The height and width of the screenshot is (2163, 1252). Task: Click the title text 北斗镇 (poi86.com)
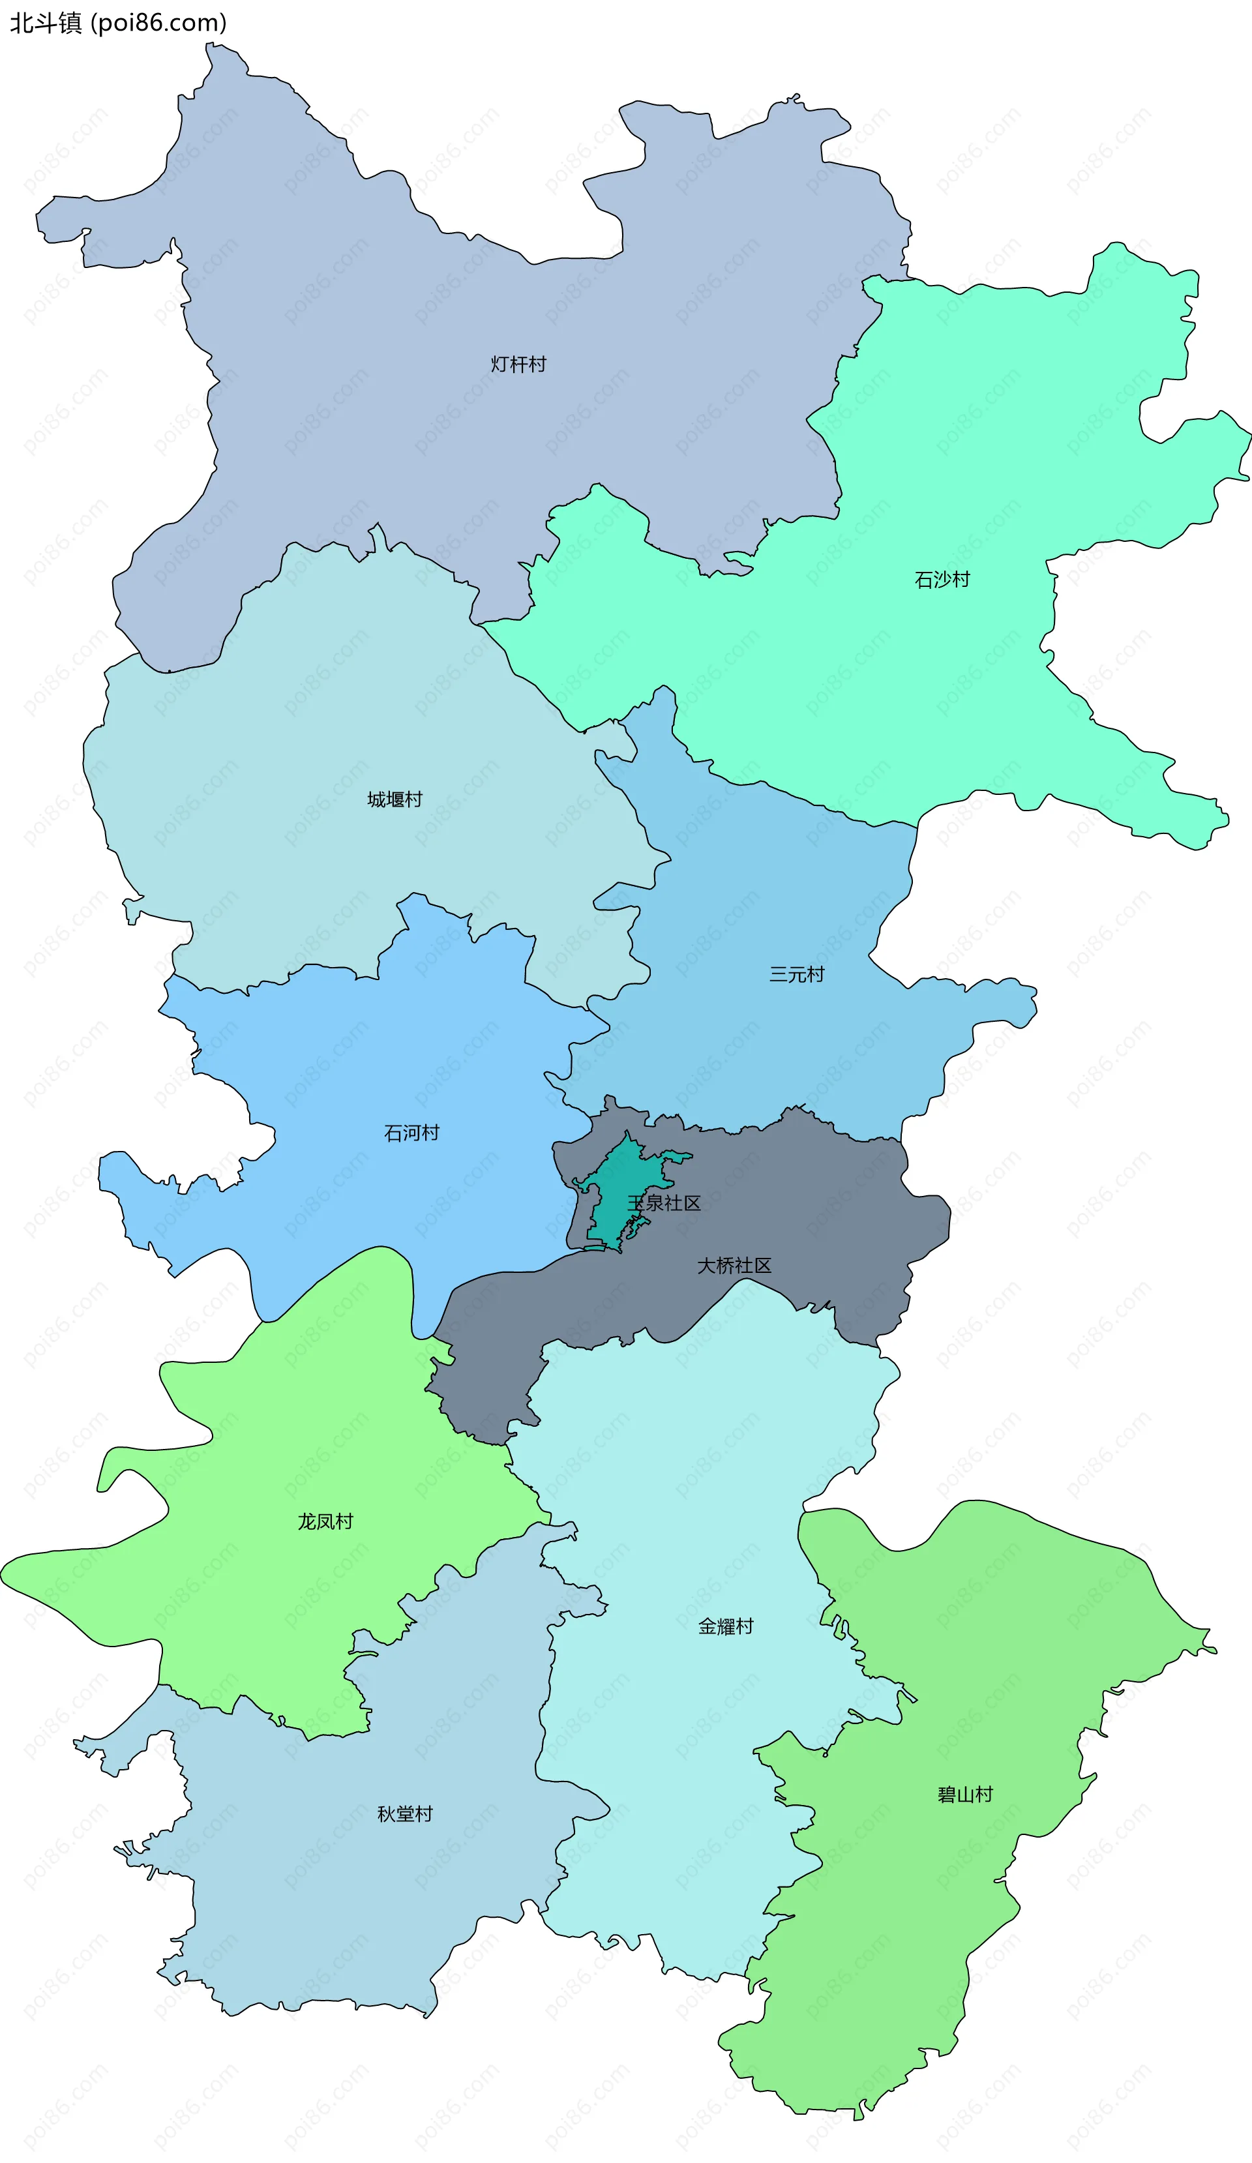[x=117, y=22]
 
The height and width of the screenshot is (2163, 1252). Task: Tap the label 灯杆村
[x=518, y=364]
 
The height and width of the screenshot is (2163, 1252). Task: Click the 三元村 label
[x=796, y=974]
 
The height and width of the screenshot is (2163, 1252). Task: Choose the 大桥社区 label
[x=734, y=1265]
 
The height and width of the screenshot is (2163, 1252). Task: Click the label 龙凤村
[x=325, y=1522]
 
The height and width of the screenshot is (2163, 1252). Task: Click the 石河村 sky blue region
[x=343, y=1073]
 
